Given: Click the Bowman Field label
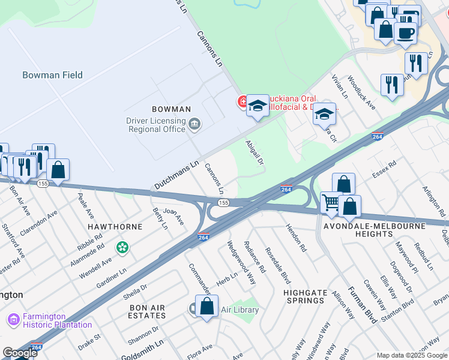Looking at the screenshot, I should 52,75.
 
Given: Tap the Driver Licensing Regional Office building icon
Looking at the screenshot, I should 195,125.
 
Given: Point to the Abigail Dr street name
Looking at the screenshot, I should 255,152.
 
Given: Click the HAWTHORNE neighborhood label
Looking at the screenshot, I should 115,227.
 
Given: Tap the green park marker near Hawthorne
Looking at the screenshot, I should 122,247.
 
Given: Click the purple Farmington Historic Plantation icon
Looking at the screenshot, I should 13,321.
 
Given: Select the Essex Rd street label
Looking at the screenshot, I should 384,169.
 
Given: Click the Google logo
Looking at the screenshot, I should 20,352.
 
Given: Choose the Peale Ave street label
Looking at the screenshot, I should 86,205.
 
